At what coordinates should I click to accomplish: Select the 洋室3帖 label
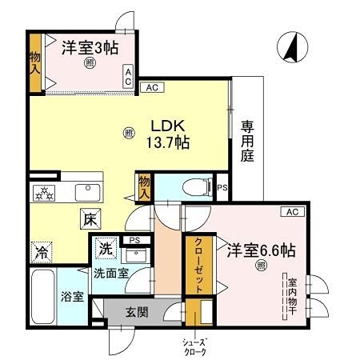90,47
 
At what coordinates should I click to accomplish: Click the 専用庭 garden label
247,140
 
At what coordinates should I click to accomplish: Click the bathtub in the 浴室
42,295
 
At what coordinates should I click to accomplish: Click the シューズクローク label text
196,345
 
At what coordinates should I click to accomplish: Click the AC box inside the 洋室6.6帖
292,211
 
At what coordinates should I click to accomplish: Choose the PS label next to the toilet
222,188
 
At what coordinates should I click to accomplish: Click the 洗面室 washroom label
110,273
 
